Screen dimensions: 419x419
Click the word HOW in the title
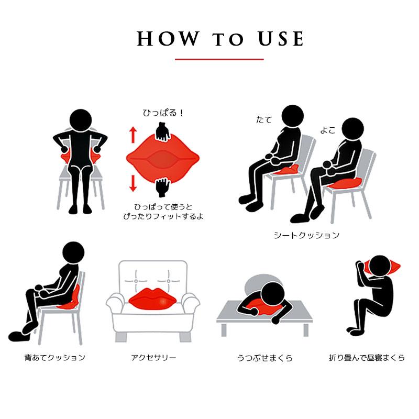click(x=168, y=39)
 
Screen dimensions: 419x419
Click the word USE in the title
click(x=281, y=39)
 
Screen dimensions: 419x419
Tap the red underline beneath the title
click(x=219, y=59)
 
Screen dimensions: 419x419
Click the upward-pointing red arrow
click(x=133, y=135)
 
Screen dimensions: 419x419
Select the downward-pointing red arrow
click(x=133, y=183)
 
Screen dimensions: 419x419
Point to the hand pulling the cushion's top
click(x=163, y=132)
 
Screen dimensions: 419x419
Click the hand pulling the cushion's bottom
click(x=163, y=188)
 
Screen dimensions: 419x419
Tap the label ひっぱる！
click(x=163, y=113)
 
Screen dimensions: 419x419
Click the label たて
click(x=264, y=120)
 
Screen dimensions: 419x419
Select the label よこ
click(x=328, y=130)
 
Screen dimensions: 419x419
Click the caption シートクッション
click(x=307, y=235)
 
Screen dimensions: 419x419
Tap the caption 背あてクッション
click(x=55, y=358)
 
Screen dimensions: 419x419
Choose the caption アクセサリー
click(x=153, y=358)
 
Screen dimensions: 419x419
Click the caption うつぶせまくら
click(x=265, y=358)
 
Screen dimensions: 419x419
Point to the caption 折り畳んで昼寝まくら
click(x=367, y=358)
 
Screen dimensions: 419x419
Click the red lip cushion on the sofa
click(x=153, y=299)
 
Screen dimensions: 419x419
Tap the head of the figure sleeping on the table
click(x=273, y=294)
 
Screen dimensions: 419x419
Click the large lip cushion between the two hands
click(x=163, y=159)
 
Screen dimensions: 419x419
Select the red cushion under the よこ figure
click(x=345, y=183)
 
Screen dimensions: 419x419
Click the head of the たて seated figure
click(x=293, y=116)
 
